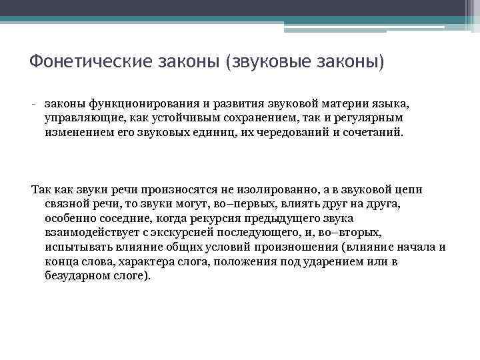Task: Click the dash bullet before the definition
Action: (x=33, y=105)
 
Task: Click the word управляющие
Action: (x=81, y=118)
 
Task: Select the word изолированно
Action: (x=271, y=190)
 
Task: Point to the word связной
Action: (x=66, y=204)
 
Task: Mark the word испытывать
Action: (x=77, y=247)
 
